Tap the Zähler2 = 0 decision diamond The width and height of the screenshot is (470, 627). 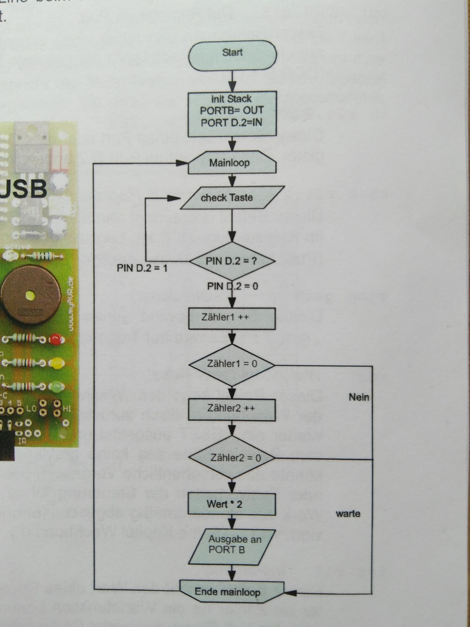[232, 457]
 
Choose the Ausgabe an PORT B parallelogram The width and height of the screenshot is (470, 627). [232, 547]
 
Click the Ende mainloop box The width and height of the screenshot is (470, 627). [232, 593]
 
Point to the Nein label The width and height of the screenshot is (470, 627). [359, 398]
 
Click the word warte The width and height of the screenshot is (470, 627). [348, 514]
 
